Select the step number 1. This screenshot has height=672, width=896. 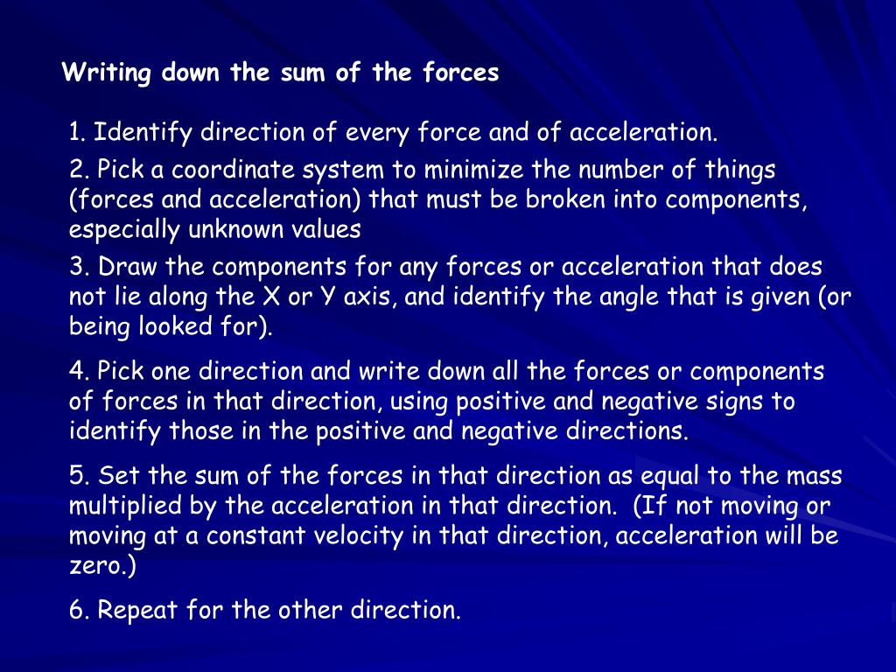[x=75, y=134]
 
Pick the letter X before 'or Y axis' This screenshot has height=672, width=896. [x=271, y=297]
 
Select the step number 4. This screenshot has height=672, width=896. [x=76, y=372]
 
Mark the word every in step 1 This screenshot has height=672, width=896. [x=378, y=134]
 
